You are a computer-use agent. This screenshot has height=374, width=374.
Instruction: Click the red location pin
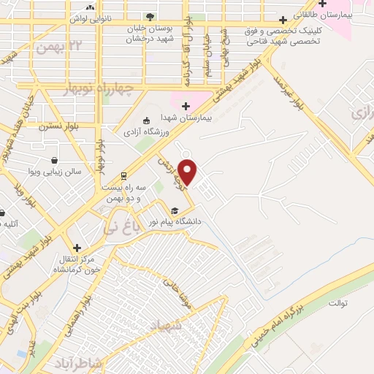188,171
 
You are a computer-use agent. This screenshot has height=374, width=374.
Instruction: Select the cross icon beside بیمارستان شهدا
186,106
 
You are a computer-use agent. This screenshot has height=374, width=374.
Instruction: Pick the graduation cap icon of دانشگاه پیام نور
174,211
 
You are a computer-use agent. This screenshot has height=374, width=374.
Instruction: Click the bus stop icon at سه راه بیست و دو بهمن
123,175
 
